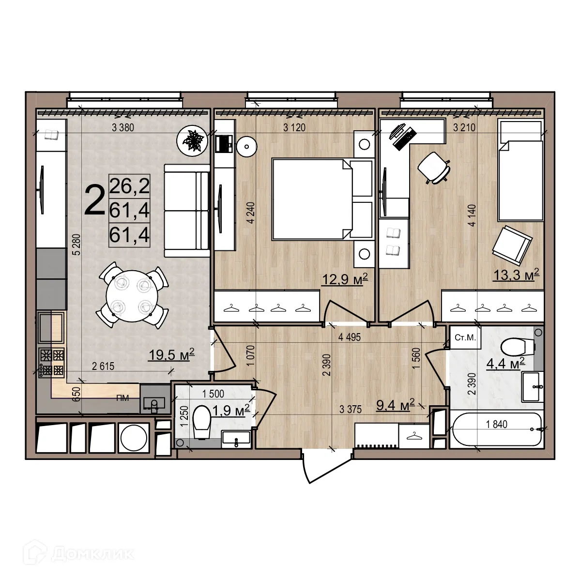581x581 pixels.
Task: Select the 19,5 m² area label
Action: tap(171, 355)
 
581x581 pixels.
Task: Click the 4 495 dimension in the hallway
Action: tap(350, 337)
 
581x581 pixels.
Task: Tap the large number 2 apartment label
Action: tap(94, 202)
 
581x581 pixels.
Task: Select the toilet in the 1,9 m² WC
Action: tap(201, 421)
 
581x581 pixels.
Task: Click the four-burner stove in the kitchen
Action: tap(51, 363)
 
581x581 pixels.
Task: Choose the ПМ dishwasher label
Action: tap(122, 398)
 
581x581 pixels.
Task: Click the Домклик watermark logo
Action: tap(77, 553)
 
